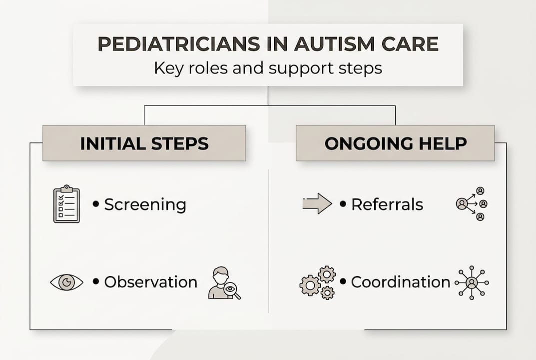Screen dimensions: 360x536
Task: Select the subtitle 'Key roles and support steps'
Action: (268, 67)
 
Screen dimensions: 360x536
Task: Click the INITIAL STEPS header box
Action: (144, 143)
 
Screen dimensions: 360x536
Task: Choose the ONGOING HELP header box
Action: (395, 143)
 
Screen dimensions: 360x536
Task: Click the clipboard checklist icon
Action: (66, 204)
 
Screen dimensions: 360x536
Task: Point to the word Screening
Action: (145, 204)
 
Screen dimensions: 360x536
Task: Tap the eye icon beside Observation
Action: (66, 282)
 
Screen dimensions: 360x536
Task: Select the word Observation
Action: (150, 282)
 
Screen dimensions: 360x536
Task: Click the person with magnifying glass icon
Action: (223, 283)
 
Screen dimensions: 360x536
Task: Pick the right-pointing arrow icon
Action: (317, 204)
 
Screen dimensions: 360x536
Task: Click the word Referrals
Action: (387, 204)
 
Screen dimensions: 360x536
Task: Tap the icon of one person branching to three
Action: (472, 204)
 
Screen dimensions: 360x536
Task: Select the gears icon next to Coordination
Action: (318, 282)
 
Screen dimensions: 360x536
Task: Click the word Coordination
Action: (400, 282)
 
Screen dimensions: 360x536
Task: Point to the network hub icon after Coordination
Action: (472, 283)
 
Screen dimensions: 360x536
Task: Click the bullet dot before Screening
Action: (96, 204)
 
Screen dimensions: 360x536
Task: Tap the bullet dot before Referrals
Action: (343, 204)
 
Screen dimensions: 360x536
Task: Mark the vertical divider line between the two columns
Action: (268, 240)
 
